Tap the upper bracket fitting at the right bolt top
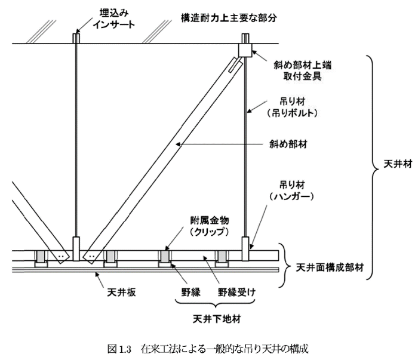coord(246,48)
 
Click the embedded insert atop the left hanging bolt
coord(76,37)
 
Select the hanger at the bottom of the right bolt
coord(245,248)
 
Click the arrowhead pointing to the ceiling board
coord(97,274)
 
